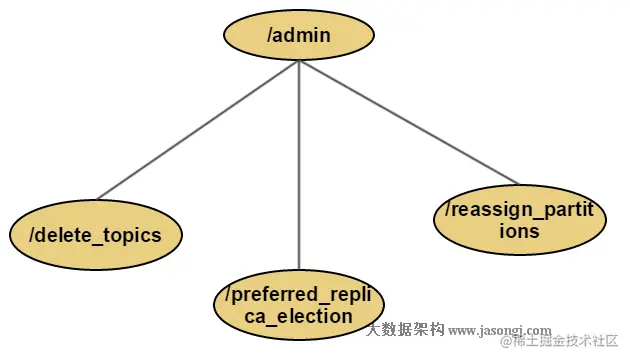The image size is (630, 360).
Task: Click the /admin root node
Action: [x=299, y=36]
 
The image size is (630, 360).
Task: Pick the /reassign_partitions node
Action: [x=519, y=221]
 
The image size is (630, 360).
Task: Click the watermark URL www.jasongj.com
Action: [x=499, y=329]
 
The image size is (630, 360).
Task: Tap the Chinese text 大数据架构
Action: [x=405, y=329]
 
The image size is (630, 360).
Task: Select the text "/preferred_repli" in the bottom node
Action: [x=299, y=295]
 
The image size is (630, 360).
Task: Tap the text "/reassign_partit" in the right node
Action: [x=519, y=211]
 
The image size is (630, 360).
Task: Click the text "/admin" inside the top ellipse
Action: [x=299, y=36]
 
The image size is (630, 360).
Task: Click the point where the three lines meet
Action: [x=299, y=62]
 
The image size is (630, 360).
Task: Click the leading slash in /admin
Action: [x=270, y=36]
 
